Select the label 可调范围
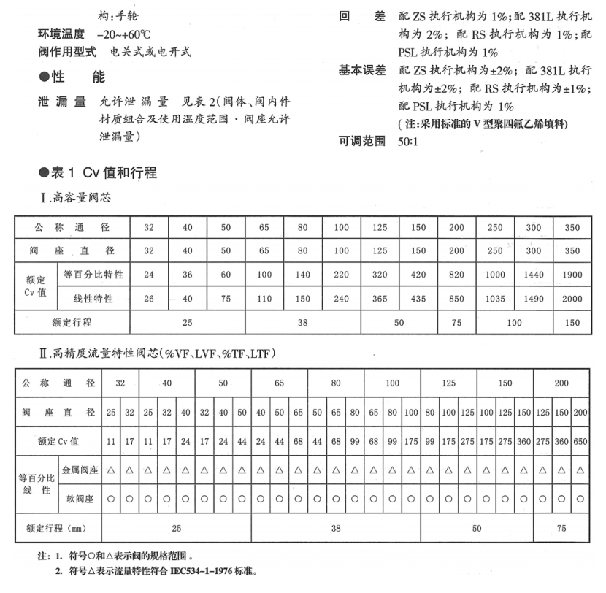pyautogui.click(x=362, y=141)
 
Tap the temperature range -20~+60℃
pyautogui.click(x=120, y=35)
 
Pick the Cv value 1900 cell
pyautogui.click(x=573, y=275)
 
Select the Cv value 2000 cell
pyautogui.click(x=573, y=299)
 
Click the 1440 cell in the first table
pyautogui.click(x=534, y=275)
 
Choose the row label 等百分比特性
pyautogui.click(x=93, y=275)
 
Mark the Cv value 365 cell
pyautogui.click(x=379, y=299)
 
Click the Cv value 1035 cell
pyautogui.click(x=496, y=299)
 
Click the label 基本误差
pyautogui.click(x=362, y=70)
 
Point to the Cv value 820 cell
pyautogui.click(x=457, y=275)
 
